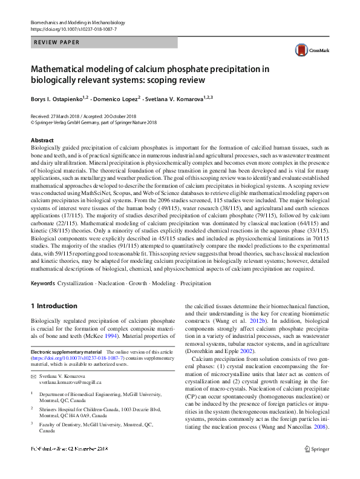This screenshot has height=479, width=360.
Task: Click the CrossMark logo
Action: click(x=306, y=51)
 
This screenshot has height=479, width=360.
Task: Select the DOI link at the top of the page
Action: click(x=73, y=29)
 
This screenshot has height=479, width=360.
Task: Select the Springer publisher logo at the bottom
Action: click(x=316, y=466)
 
